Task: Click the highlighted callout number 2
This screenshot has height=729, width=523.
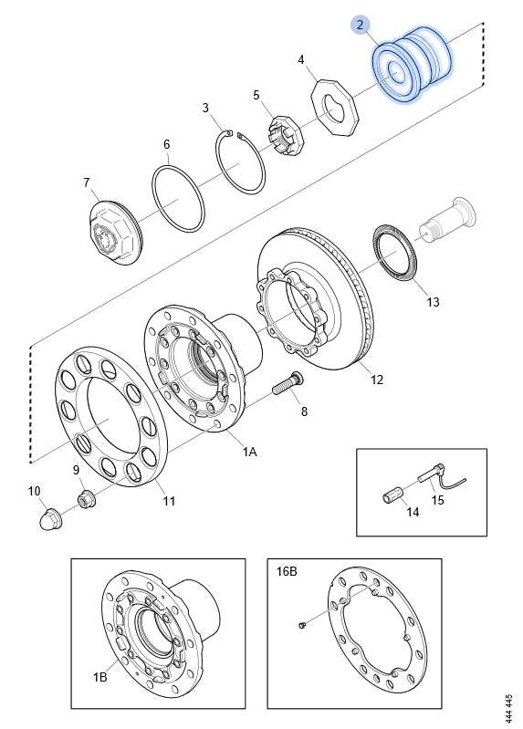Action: click(x=361, y=25)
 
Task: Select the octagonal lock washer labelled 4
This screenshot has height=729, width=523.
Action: click(x=336, y=108)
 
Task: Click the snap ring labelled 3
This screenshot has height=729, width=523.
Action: click(x=241, y=161)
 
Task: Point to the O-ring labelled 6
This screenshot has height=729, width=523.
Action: click(x=179, y=198)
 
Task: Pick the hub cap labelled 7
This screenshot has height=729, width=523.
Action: click(x=115, y=233)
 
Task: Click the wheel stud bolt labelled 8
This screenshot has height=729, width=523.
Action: click(x=288, y=382)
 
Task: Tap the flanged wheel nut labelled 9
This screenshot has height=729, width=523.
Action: click(x=85, y=499)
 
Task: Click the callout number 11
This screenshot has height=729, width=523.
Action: click(x=169, y=501)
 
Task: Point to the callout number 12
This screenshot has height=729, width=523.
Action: click(x=377, y=380)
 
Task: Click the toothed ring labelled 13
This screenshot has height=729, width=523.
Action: click(x=395, y=253)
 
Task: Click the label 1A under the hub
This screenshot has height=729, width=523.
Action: click(x=249, y=452)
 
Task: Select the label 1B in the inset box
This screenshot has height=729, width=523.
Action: click(x=99, y=677)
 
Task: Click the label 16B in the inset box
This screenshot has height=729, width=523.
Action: click(x=287, y=571)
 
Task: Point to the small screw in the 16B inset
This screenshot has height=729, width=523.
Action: click(x=302, y=625)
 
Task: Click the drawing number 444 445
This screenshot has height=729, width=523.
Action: click(x=508, y=709)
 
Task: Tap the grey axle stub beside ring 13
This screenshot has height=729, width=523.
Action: click(x=446, y=220)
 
